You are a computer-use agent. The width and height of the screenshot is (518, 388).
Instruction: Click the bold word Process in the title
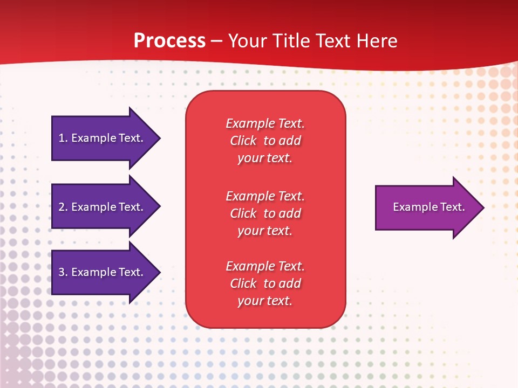point(170,40)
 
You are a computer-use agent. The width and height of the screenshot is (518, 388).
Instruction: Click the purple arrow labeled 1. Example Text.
point(106,138)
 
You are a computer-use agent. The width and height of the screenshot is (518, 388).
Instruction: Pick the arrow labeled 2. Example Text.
point(106,206)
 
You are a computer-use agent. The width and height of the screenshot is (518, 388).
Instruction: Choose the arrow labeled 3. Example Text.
point(106,272)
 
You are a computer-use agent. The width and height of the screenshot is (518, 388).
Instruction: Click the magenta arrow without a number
point(430,207)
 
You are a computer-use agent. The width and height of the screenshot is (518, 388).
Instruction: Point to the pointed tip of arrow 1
point(160,138)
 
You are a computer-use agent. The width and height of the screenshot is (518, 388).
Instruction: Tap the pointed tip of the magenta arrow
point(484,208)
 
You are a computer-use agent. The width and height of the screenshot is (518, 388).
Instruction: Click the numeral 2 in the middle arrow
point(62,207)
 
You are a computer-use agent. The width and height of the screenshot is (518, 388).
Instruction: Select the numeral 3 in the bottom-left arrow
point(62,272)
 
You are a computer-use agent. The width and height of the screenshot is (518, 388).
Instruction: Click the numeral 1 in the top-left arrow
point(62,138)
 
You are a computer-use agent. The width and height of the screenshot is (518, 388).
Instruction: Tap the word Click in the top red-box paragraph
point(243,141)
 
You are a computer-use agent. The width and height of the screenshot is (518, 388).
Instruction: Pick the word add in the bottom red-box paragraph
point(291,283)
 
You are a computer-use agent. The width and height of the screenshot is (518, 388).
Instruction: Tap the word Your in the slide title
point(247,40)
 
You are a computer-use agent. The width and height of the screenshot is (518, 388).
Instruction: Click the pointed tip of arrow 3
point(160,272)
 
